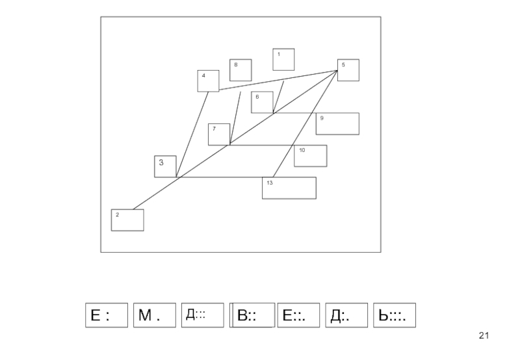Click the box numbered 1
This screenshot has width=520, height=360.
click(x=283, y=59)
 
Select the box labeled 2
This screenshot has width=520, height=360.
click(x=127, y=220)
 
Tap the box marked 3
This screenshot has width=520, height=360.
click(x=165, y=166)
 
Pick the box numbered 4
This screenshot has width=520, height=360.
click(x=208, y=81)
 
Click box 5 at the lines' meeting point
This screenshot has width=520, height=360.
click(x=348, y=70)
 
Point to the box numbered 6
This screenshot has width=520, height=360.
click(x=262, y=102)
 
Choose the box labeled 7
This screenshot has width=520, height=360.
click(x=219, y=134)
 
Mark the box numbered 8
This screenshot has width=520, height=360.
click(x=240, y=70)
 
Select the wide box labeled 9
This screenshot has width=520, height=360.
click(x=337, y=123)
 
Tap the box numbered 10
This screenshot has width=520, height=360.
click(x=310, y=155)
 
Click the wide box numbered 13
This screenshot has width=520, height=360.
click(x=289, y=188)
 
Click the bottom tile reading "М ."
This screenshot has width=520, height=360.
click(x=155, y=315)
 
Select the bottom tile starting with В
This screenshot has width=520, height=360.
click(x=251, y=315)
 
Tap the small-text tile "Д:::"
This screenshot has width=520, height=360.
click(x=202, y=315)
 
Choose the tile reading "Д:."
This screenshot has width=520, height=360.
click(x=346, y=315)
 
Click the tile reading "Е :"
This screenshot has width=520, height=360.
click(x=106, y=315)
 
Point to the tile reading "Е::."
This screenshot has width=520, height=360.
click(x=298, y=315)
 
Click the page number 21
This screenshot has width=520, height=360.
click(x=483, y=335)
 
